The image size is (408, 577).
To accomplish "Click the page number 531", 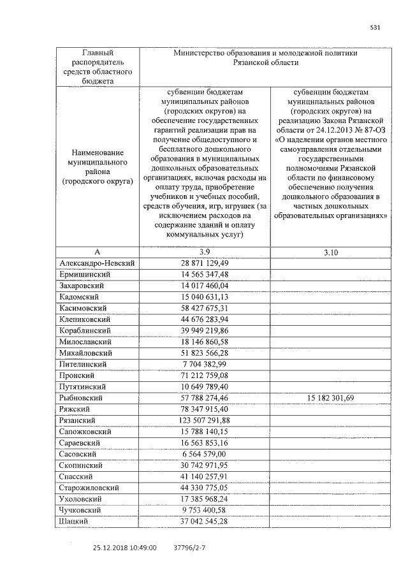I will click(x=375, y=27).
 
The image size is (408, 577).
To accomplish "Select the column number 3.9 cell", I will click(x=205, y=252).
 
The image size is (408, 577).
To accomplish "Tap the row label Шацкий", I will click(x=73, y=521).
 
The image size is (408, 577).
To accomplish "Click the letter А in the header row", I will click(x=98, y=252).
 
